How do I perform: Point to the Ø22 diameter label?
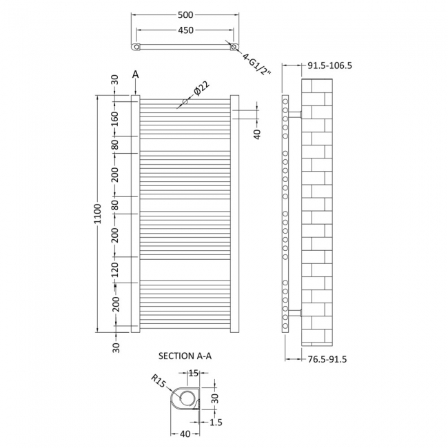tap(201, 89)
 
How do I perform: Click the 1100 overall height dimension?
tap(97, 215)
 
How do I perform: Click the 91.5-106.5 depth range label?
tap(329, 66)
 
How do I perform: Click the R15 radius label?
tap(160, 381)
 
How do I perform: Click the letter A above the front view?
tap(135, 74)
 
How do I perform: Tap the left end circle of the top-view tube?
tap(136, 46)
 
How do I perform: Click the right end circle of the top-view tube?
tap(234, 46)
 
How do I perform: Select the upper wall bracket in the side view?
tap(294, 113)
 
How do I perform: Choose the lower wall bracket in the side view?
tap(294, 314)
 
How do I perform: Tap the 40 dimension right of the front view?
tap(257, 133)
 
